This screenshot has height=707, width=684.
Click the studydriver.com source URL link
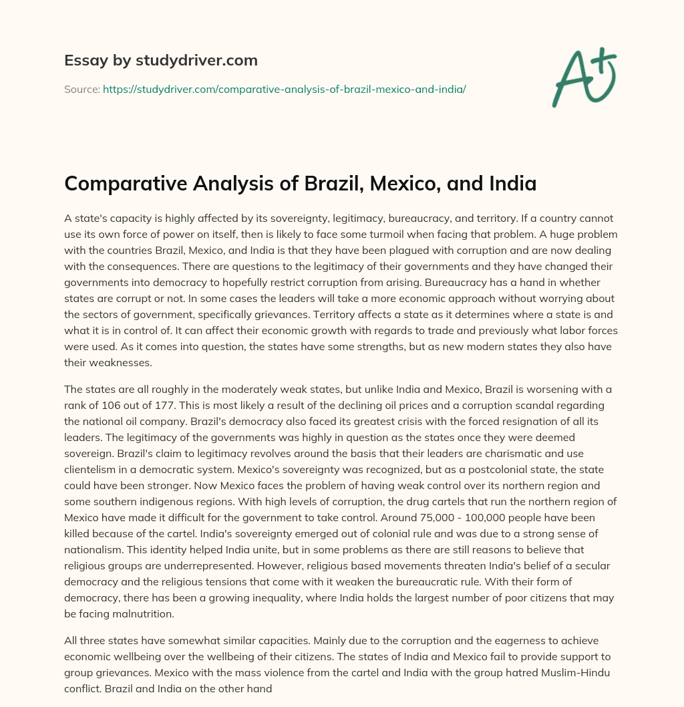point(284,89)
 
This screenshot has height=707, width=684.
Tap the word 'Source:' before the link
point(81,89)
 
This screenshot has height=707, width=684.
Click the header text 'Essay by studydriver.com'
point(161,60)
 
